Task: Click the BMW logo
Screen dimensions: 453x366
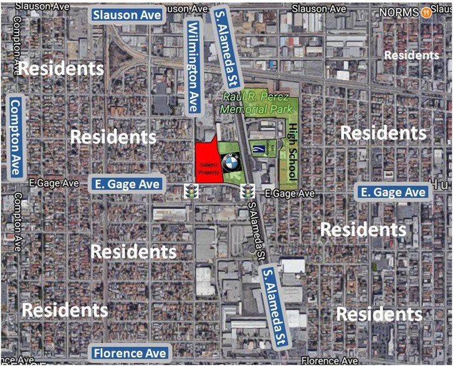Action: [230, 163]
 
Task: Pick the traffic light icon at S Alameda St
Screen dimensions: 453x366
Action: [247, 191]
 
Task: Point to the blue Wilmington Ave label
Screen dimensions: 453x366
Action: [193, 67]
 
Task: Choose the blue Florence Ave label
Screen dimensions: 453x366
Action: [130, 354]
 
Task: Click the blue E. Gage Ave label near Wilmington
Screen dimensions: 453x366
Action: [128, 184]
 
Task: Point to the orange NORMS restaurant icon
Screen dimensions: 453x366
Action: [426, 11]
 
